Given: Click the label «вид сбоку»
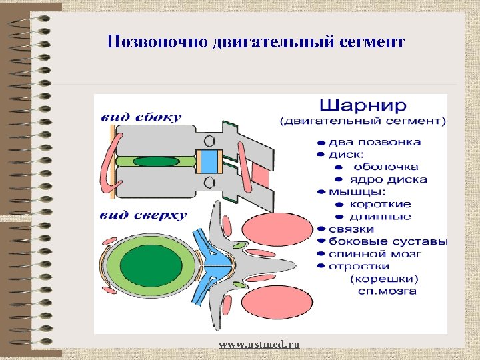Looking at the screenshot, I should click(141, 118).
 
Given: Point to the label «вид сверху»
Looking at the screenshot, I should click(143, 215).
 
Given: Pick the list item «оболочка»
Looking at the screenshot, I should click(385, 167).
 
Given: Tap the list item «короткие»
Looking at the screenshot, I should click(381, 204).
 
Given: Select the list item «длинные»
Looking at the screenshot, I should click(381, 217).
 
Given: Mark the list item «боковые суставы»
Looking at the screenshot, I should click(381, 241).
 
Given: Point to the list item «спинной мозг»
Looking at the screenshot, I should click(375, 253).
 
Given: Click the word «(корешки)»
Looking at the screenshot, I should click(385, 278).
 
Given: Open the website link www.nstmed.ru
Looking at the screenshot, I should click(259, 344).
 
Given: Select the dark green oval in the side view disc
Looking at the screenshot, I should click(156, 161).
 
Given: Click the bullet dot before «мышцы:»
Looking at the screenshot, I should click(321, 192).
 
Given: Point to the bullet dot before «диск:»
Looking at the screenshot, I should click(321, 155).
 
